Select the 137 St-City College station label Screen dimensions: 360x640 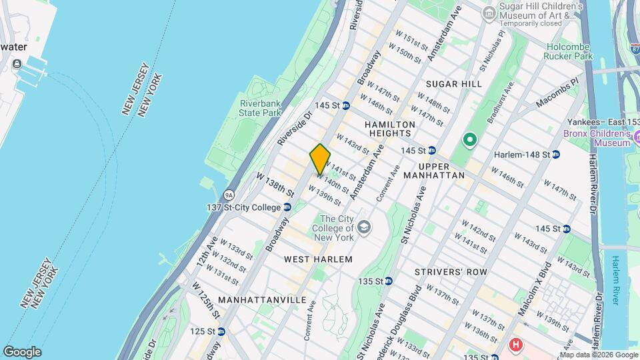coord(243,207)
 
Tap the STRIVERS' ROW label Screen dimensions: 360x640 coord(450,272)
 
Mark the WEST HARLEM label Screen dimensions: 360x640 coord(317,258)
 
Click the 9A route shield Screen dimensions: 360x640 coord(229,195)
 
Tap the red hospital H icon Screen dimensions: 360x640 coord(515,345)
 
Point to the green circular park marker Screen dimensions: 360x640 coord(469,140)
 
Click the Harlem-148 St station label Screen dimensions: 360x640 coord(521,155)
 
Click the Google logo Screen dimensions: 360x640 coord(22,352)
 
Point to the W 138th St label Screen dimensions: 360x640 coord(275,184)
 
